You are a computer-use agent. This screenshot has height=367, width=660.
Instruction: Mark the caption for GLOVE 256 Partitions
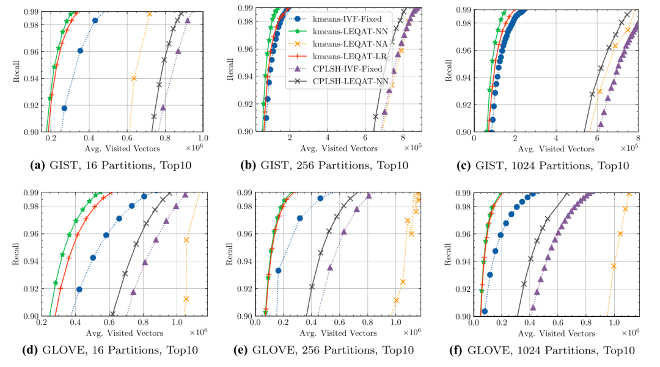click(x=331, y=351)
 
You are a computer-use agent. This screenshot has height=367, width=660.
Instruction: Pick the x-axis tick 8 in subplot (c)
click(x=637, y=139)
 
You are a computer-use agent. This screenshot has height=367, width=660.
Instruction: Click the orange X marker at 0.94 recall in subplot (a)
click(x=134, y=78)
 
